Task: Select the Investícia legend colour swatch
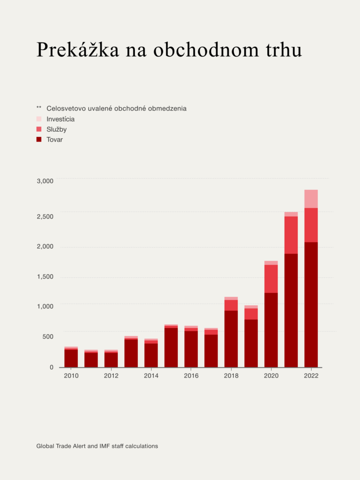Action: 39,119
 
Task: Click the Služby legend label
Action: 57,129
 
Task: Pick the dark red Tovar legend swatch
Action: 39,139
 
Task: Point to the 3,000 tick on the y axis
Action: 45,181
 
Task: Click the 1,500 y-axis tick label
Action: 45,277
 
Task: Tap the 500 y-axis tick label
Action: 48,336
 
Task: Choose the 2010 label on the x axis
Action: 71,376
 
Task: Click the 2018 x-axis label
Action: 231,376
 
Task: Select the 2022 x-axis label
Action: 311,376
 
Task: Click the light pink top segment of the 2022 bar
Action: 311,199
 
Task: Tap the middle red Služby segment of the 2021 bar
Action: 291,235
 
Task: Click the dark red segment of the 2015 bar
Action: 171,347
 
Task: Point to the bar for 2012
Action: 111,359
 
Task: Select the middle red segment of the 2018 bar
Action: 231,305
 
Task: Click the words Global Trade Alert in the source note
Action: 60,446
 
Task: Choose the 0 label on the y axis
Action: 52,367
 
